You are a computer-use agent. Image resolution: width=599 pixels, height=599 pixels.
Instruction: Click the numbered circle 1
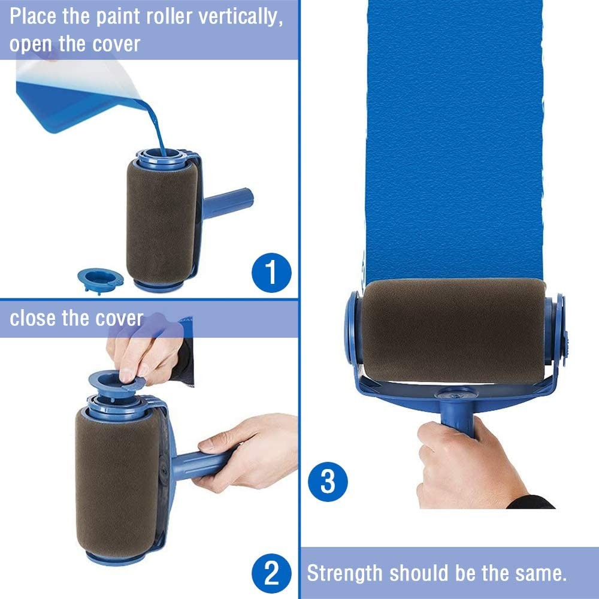271,271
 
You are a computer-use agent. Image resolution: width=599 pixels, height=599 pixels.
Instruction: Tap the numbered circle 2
271,574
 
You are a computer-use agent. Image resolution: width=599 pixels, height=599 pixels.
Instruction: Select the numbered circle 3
328,481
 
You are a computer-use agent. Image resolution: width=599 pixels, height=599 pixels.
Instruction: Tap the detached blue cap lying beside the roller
100,277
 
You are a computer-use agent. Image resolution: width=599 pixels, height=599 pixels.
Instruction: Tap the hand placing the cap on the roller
141,353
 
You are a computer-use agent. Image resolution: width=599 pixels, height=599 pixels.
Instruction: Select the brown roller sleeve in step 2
117,479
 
